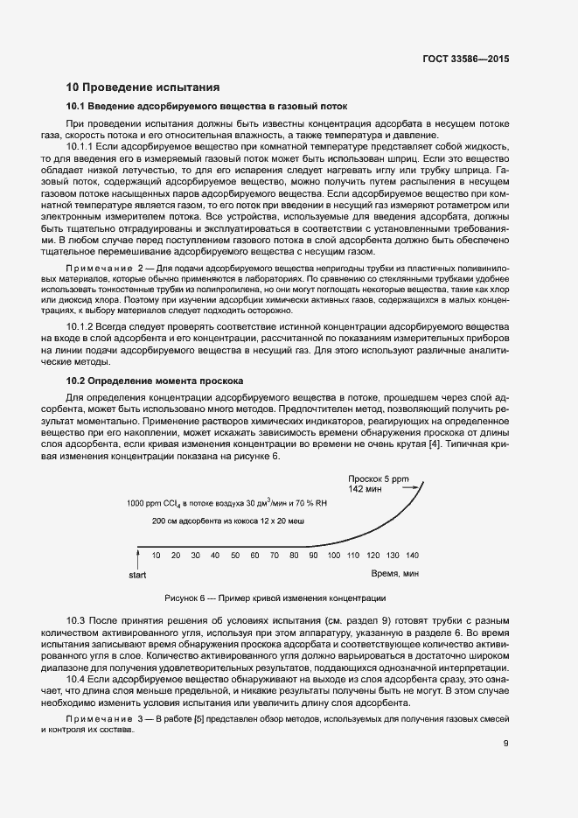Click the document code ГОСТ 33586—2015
[x=464, y=60]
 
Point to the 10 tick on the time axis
[x=157, y=556]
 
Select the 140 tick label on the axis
[x=412, y=556]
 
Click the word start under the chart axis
[x=137, y=576]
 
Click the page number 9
[x=506, y=745]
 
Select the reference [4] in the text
[x=434, y=444]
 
